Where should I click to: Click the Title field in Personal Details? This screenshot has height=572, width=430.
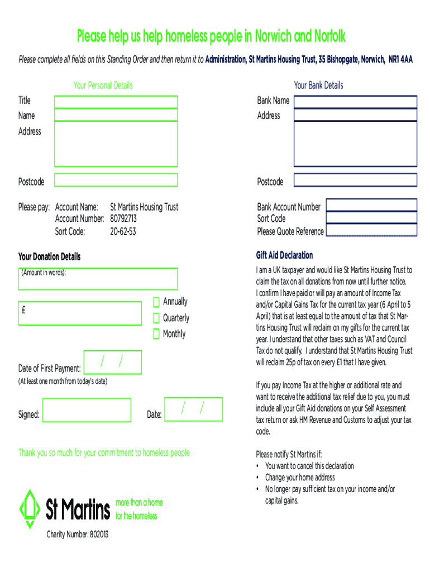coord(116,102)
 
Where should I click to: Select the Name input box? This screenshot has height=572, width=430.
coord(116,115)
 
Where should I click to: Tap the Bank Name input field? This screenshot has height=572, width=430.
coord(355,102)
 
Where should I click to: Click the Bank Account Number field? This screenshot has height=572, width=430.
coord(371,204)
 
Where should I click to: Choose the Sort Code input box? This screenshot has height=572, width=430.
coord(371,217)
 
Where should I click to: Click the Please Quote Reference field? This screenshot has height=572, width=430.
coord(371,230)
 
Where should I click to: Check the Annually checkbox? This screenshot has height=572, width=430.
coord(156,302)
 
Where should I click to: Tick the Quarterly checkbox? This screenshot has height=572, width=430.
coord(156,318)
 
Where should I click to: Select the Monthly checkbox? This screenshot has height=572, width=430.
coord(156,335)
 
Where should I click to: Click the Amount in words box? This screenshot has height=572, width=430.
coord(98,279)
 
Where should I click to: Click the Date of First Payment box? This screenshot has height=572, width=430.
coord(112,362)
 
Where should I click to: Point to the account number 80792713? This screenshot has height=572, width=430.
coord(123,218)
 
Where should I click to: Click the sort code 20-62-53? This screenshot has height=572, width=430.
coord(123,231)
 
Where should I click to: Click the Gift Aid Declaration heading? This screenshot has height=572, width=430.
coord(284,255)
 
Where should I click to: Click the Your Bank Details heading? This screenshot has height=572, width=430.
coord(318,85)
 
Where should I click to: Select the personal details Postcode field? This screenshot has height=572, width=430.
coord(116,180)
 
